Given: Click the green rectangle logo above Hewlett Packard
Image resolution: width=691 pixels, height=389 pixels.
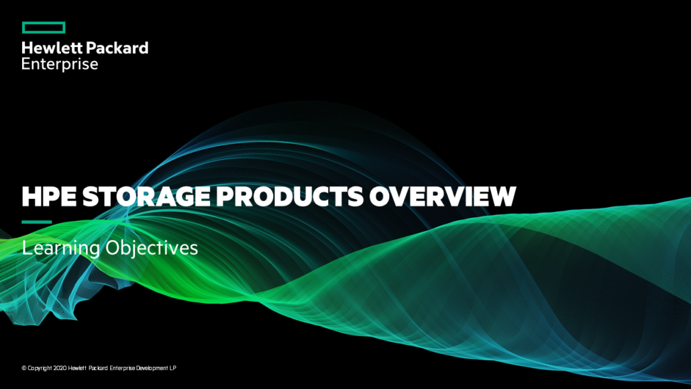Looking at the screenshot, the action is pyautogui.click(x=44, y=28).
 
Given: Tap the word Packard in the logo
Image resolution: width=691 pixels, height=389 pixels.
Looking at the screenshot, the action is pyautogui.click(x=117, y=48).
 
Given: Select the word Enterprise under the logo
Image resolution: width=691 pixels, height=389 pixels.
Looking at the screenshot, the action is pyautogui.click(x=60, y=64).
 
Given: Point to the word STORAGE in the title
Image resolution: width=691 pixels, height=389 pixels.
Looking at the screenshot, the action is pyautogui.click(x=146, y=196).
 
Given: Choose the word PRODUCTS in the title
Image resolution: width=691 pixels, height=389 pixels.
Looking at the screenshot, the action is pyautogui.click(x=290, y=196).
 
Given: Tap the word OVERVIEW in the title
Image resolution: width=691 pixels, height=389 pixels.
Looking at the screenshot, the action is pyautogui.click(x=443, y=196).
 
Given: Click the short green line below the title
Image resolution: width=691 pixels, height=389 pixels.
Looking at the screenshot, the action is pyautogui.click(x=37, y=222).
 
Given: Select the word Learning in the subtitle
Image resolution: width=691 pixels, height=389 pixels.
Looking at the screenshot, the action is pyautogui.click(x=61, y=249).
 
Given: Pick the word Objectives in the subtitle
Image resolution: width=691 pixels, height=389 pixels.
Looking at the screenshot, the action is pyautogui.click(x=152, y=249).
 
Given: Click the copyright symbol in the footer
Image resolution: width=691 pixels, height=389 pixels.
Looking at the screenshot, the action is pyautogui.click(x=23, y=368).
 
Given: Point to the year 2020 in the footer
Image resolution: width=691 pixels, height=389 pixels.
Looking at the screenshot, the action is pyautogui.click(x=60, y=368).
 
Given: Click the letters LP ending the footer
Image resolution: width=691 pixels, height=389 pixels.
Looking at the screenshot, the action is pyautogui.click(x=173, y=368).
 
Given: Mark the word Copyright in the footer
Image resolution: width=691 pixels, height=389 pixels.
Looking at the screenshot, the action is pyautogui.click(x=40, y=368).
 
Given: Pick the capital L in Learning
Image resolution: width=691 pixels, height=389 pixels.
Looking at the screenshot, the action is pyautogui.click(x=26, y=248).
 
